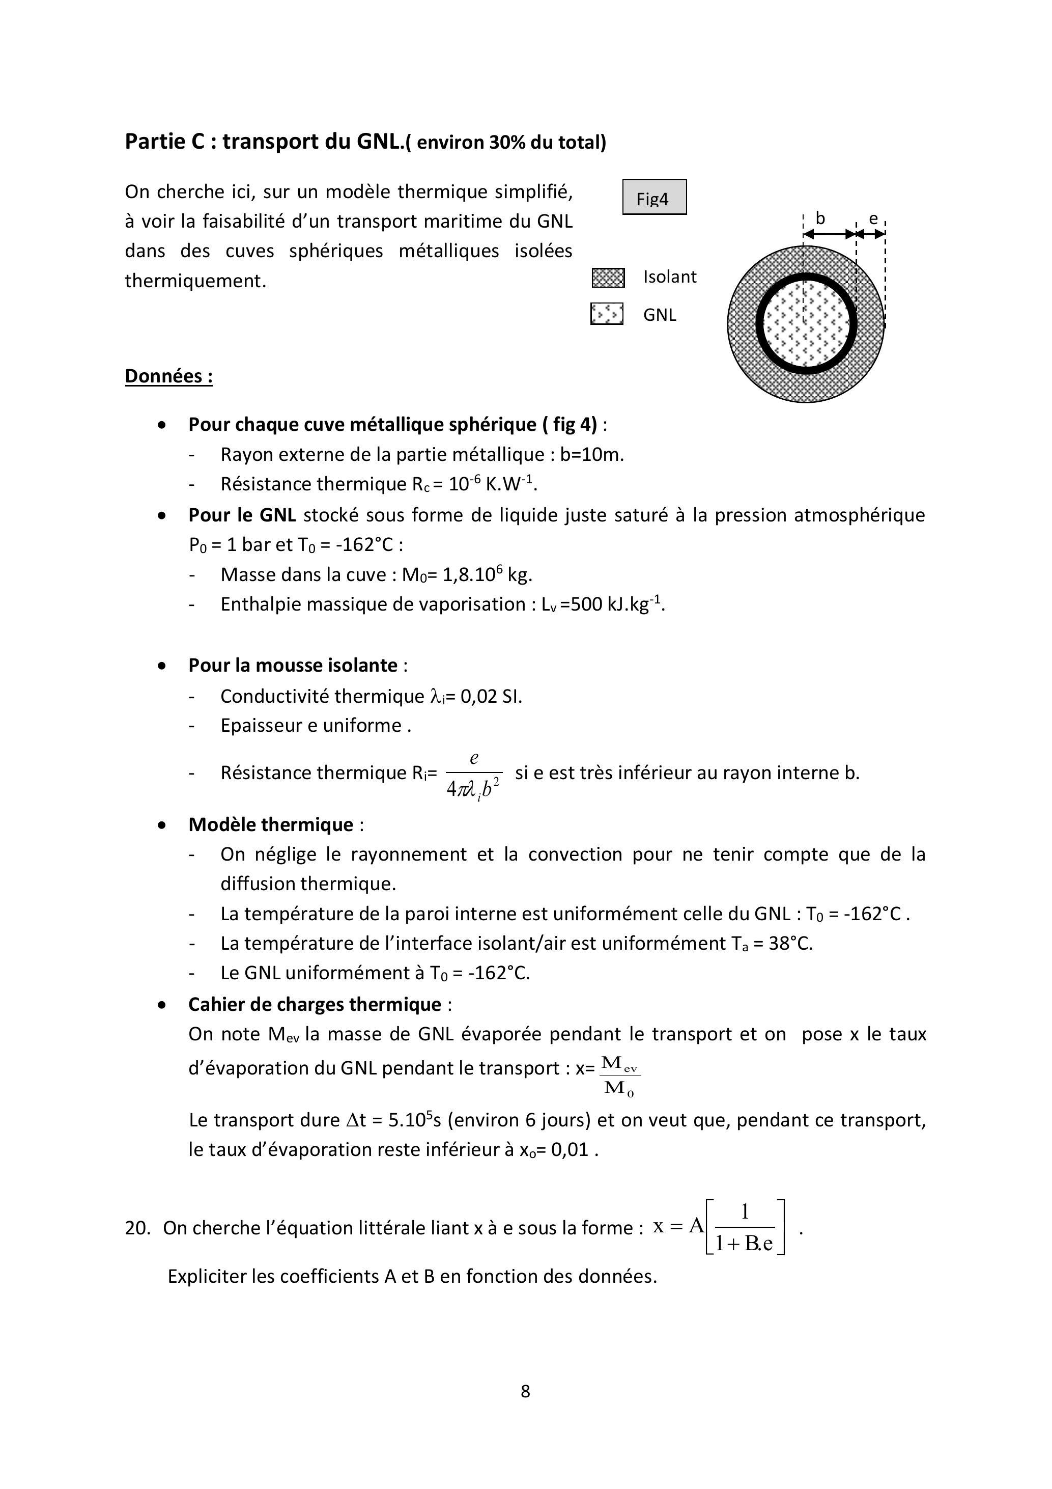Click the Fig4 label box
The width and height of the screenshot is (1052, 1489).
[654, 197]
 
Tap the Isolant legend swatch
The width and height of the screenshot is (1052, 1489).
[608, 278]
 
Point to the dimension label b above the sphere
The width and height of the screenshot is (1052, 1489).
[820, 218]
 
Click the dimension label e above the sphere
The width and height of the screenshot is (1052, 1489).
[873, 219]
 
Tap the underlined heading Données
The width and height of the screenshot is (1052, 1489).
[168, 376]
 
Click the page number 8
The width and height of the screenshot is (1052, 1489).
[525, 1391]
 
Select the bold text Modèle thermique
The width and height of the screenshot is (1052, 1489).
[270, 825]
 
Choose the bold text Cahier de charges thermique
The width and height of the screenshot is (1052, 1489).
[315, 1005]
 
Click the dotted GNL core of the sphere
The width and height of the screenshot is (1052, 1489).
[806, 324]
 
